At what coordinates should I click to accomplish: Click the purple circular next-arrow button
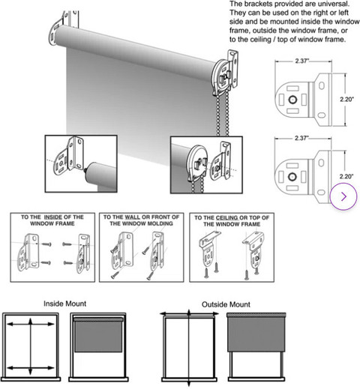(x=343, y=196)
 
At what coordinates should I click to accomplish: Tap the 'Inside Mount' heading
(x=64, y=304)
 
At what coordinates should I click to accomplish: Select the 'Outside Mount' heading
(x=226, y=304)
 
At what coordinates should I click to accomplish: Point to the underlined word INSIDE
(x=53, y=217)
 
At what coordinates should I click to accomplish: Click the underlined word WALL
(x=132, y=217)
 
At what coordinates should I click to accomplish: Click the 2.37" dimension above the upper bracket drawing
(x=302, y=61)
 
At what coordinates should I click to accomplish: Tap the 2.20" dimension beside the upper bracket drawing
(x=346, y=100)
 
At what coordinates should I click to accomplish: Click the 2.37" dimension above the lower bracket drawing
(x=301, y=138)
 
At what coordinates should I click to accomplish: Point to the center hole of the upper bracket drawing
(x=292, y=100)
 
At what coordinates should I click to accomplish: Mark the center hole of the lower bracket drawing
(x=292, y=177)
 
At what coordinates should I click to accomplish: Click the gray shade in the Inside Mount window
(x=99, y=337)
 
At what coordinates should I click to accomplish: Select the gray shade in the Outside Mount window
(x=256, y=334)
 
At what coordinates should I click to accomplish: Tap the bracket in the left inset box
(x=69, y=155)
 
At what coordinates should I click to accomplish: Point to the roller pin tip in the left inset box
(x=85, y=169)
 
